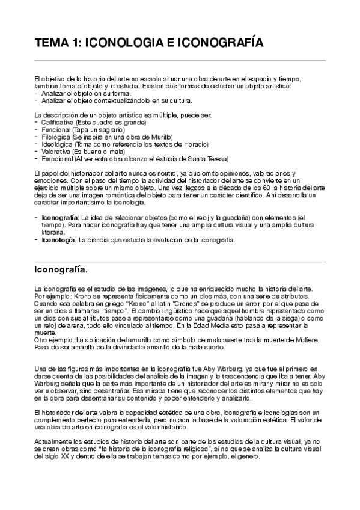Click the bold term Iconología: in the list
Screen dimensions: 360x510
point(58,240)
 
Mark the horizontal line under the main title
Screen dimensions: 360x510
point(180,61)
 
